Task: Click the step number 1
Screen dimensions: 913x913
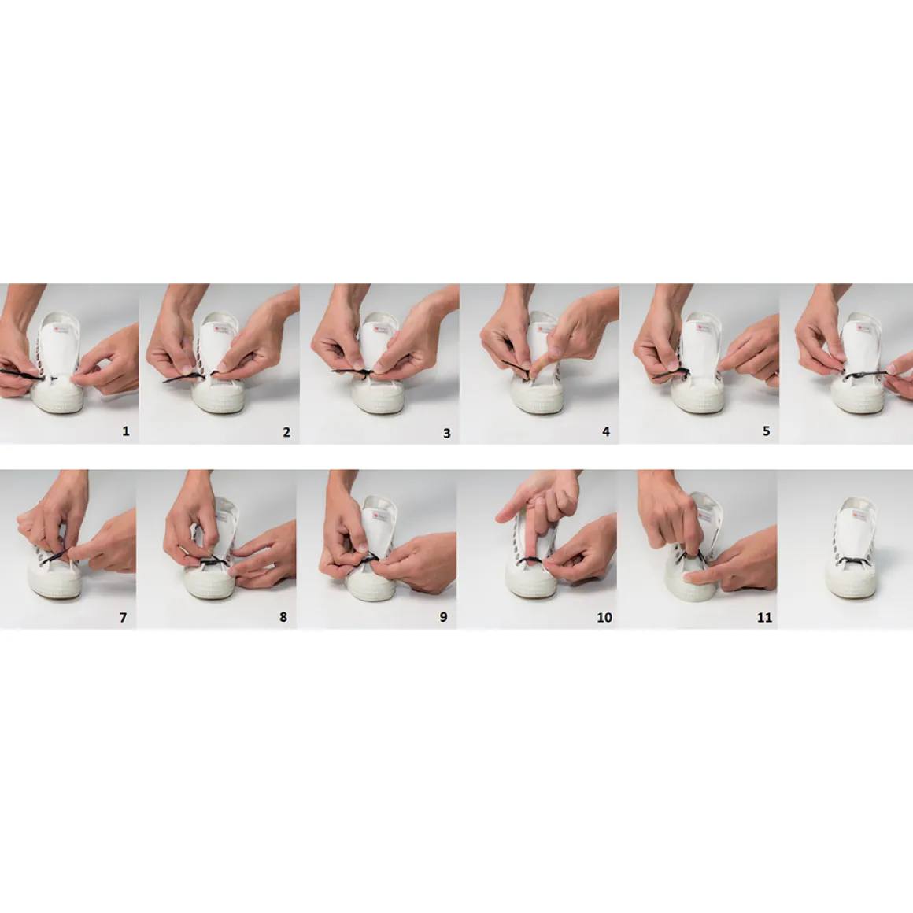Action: pos(125,431)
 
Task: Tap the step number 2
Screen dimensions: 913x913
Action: pos(286,432)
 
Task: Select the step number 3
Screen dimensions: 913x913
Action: pos(446,433)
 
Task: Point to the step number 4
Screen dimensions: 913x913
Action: pos(605,431)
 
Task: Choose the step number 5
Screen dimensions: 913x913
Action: pos(767,431)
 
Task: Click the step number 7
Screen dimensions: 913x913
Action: pos(123,617)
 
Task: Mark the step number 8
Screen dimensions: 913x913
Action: pos(283,616)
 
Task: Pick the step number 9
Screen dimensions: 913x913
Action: pos(443,616)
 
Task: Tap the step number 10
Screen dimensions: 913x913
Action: pos(604,617)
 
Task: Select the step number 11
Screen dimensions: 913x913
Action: pos(764,617)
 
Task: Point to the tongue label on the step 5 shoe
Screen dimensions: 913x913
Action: pos(704,329)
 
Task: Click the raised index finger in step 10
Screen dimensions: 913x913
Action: pos(513,511)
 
